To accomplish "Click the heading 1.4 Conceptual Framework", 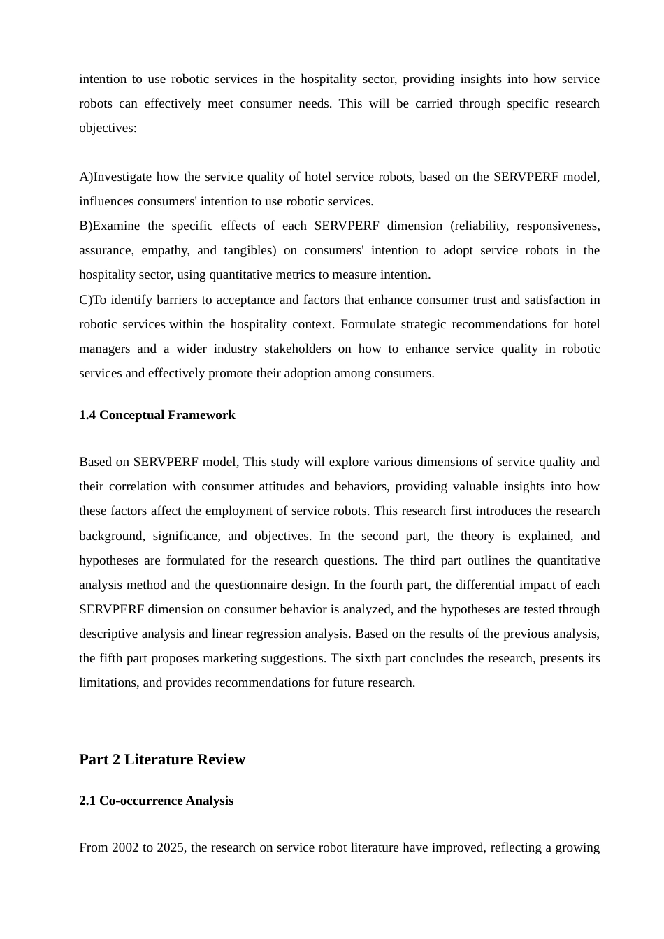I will (x=157, y=415).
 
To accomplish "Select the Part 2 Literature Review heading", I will (x=162, y=759).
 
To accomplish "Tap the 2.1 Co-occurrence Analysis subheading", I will (x=157, y=801).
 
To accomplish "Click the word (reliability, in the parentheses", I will (x=482, y=226).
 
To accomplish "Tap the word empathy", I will (x=167, y=250).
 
